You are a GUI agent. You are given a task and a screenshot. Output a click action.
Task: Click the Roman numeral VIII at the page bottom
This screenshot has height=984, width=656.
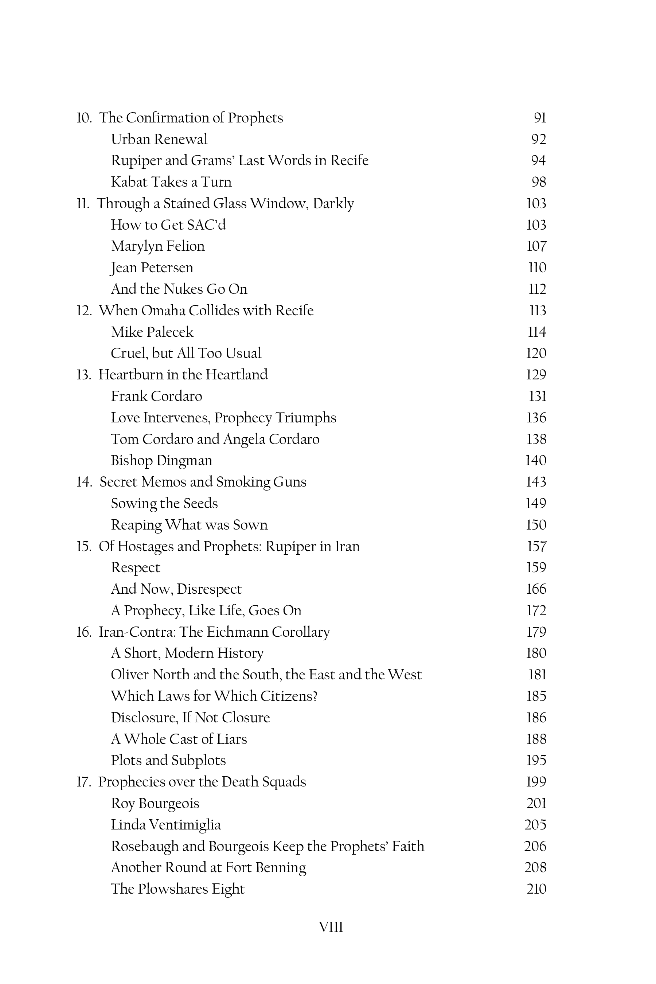click(331, 927)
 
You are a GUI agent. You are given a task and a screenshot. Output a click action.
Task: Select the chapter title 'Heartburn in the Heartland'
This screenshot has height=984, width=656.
click(183, 374)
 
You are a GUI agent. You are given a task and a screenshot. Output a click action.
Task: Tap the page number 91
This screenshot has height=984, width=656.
click(540, 118)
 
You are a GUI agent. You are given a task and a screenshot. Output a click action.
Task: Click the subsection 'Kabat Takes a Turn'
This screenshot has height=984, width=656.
click(171, 182)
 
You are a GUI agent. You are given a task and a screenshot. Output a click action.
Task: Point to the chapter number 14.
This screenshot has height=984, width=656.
click(84, 482)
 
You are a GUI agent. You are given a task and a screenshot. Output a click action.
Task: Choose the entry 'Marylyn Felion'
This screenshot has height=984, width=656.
click(158, 246)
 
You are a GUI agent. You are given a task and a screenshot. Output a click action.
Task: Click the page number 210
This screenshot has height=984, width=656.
click(536, 889)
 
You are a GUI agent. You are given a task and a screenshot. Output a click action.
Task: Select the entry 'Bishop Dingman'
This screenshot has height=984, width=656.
click(161, 460)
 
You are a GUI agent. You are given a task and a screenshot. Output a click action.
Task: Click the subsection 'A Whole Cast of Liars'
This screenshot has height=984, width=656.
click(179, 739)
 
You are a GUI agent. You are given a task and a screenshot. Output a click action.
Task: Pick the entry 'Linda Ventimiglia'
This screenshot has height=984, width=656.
click(166, 825)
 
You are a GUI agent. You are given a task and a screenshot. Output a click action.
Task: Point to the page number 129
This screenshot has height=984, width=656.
click(536, 374)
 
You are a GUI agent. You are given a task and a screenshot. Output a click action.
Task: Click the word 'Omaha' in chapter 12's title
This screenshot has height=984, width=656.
click(163, 311)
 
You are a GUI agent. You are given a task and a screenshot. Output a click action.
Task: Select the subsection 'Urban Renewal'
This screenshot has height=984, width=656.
click(159, 139)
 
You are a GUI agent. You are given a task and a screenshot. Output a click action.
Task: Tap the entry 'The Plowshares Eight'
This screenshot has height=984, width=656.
click(177, 889)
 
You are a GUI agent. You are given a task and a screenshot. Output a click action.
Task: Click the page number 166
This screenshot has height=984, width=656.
click(536, 589)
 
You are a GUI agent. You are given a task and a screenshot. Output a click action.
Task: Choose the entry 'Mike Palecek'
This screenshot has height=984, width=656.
click(152, 332)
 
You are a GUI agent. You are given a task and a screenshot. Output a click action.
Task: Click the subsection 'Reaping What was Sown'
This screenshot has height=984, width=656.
click(189, 525)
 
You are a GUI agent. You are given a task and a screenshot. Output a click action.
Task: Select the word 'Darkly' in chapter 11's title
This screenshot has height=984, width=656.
click(333, 203)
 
